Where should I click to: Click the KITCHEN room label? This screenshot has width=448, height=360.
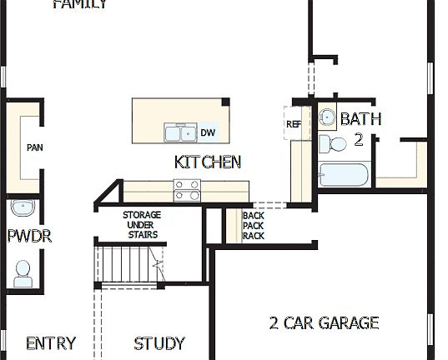pyautogui.click(x=208, y=162)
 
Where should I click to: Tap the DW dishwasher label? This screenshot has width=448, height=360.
pyautogui.click(x=208, y=132)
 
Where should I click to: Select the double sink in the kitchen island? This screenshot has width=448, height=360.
pyautogui.click(x=179, y=132)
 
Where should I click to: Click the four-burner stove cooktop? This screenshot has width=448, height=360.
pyautogui.click(x=187, y=190)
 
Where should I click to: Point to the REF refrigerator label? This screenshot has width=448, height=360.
pyautogui.click(x=294, y=124)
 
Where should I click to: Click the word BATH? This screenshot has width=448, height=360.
pyautogui.click(x=360, y=119)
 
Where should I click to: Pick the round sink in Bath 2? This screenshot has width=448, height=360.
pyautogui.click(x=328, y=117)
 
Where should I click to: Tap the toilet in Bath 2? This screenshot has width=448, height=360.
pyautogui.click(x=336, y=144)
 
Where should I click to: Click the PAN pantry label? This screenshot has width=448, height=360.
pyautogui.click(x=34, y=147)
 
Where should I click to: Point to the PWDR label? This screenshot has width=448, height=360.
pyautogui.click(x=29, y=237)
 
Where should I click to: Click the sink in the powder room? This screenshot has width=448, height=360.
pyautogui.click(x=22, y=207)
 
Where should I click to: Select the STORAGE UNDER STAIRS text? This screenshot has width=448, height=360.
pyautogui.click(x=142, y=225)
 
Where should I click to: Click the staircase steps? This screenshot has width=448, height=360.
pyautogui.click(x=125, y=265)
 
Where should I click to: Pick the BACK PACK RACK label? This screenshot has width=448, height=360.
pyautogui.click(x=253, y=226)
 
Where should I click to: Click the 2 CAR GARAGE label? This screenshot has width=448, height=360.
pyautogui.click(x=324, y=322)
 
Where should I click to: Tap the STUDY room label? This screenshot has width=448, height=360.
pyautogui.click(x=159, y=343)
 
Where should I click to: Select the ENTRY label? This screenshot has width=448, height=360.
pyautogui.click(x=51, y=343)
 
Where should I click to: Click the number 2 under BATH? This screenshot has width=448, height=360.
pyautogui.click(x=359, y=139)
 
